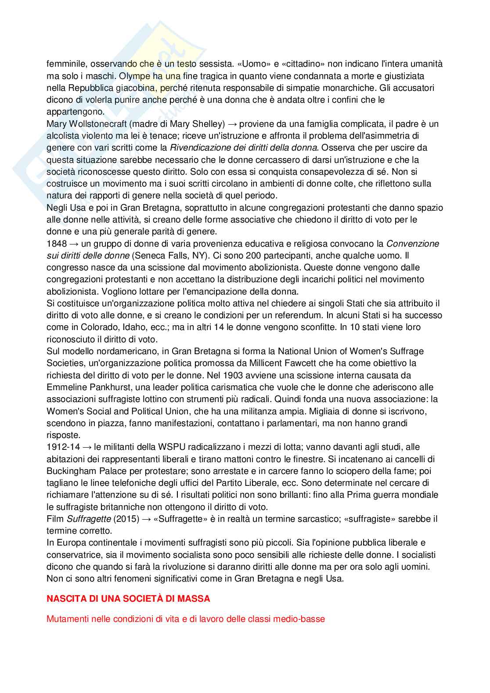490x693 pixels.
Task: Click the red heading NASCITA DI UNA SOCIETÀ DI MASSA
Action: tap(128, 599)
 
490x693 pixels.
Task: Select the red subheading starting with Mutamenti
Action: tap(185, 619)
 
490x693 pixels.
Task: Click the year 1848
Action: tap(57, 244)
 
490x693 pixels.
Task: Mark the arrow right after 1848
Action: tap(74, 244)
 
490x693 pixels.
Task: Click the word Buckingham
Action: tap(72, 471)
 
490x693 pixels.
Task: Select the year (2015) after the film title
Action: tap(126, 519)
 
